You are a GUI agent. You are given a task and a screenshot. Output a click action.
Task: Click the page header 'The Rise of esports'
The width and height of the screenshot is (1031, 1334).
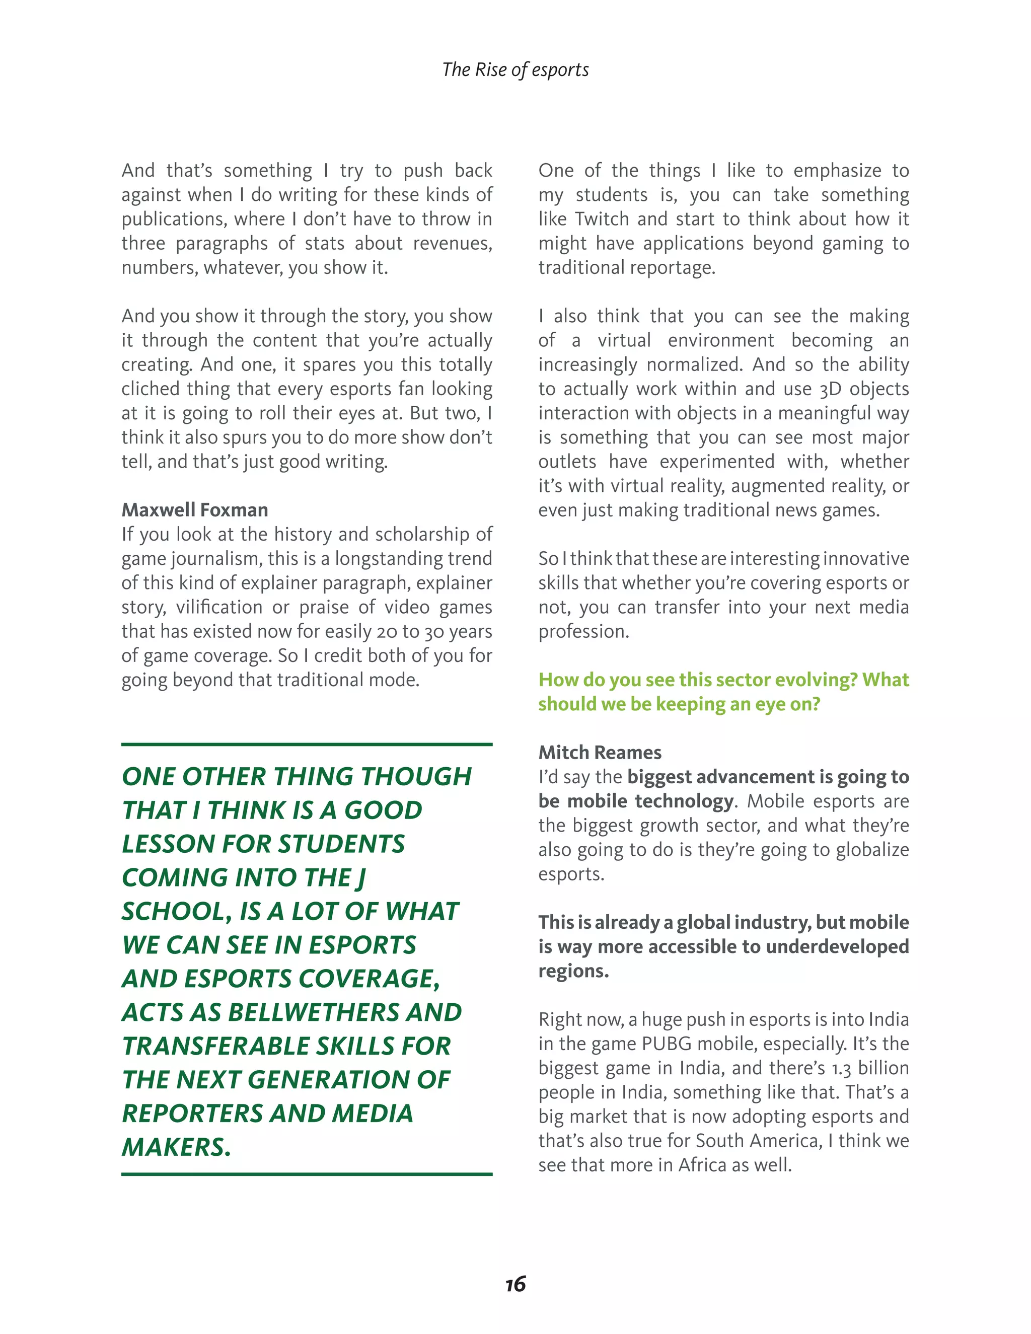[x=515, y=69]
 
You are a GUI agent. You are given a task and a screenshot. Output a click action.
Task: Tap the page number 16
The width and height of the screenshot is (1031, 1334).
[x=515, y=1284]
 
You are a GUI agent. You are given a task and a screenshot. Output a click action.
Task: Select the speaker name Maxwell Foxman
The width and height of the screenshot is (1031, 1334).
[x=194, y=510]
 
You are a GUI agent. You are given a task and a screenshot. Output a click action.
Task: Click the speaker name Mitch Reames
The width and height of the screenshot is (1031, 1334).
[x=599, y=753]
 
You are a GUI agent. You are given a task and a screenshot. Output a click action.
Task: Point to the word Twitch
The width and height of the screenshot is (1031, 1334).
[x=602, y=219]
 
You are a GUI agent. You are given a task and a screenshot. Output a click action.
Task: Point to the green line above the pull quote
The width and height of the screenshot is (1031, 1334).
[x=307, y=745]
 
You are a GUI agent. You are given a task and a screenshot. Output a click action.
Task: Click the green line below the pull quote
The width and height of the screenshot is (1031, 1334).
[x=307, y=1174]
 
